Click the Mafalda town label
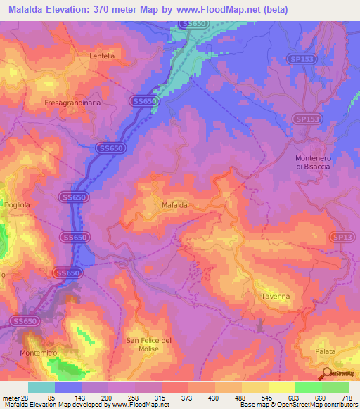[x=174, y=205]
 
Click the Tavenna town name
[x=276, y=297]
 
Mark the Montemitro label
[x=39, y=352]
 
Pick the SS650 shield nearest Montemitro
[x=25, y=320]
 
